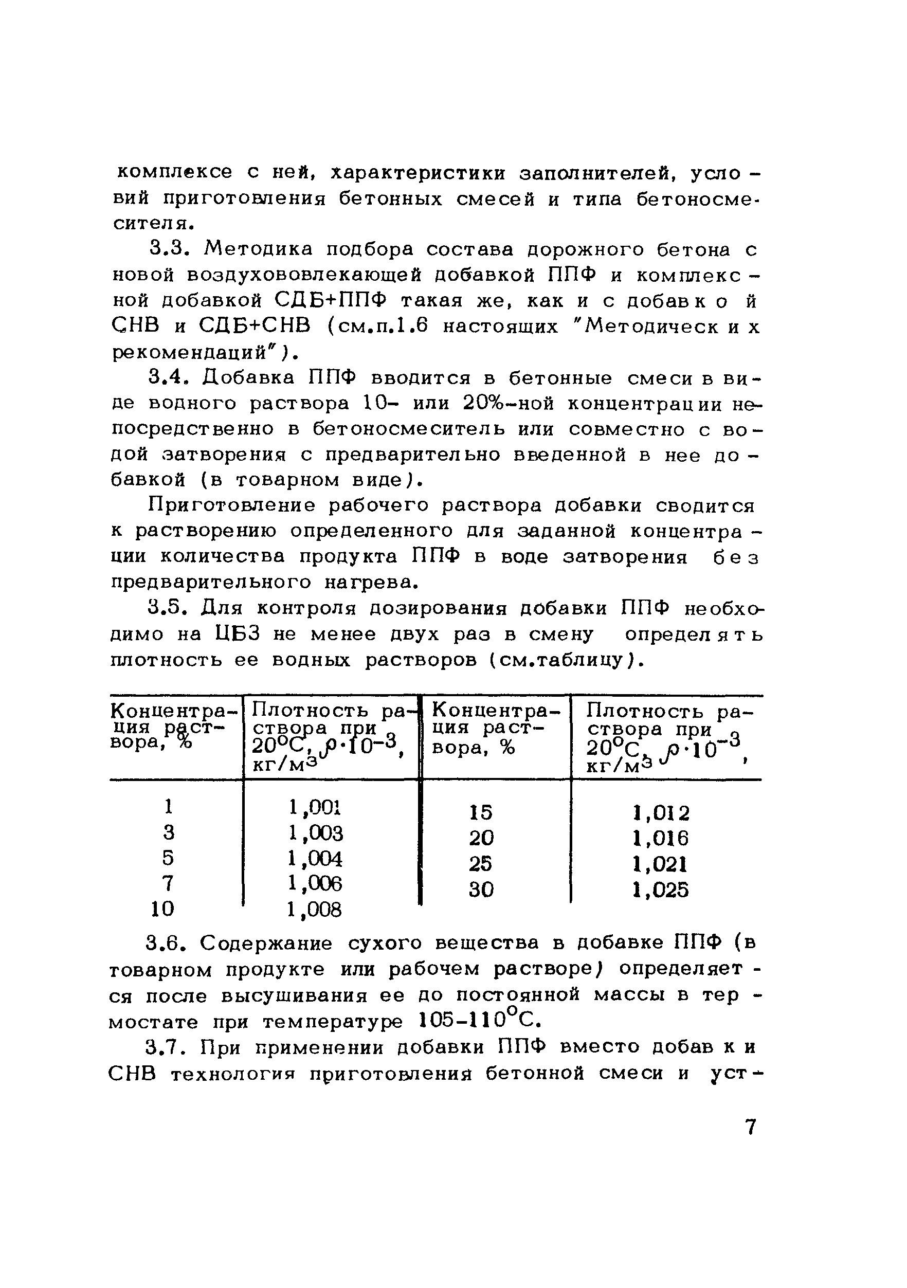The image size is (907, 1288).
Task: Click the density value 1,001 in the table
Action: (x=315, y=807)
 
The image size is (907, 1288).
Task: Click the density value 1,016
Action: (x=660, y=839)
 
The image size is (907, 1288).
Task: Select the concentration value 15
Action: (x=481, y=812)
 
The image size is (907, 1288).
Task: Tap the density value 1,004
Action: (x=315, y=859)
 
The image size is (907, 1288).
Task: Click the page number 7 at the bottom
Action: (x=751, y=1127)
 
